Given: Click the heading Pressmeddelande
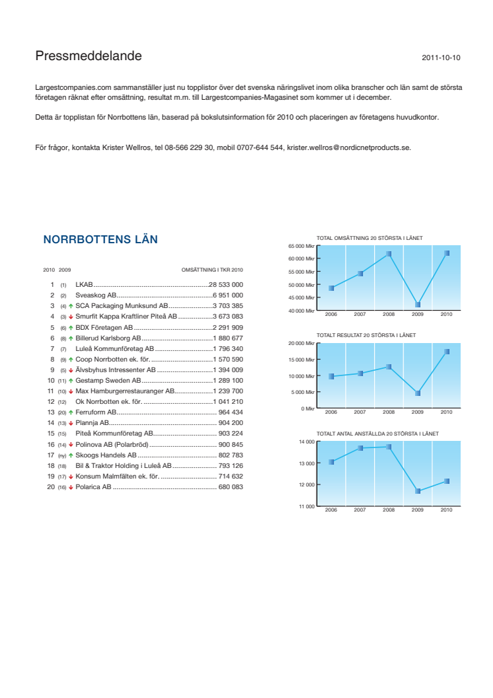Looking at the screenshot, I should (x=89, y=57).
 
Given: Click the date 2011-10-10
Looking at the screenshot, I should (x=441, y=58).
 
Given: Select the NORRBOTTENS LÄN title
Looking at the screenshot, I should (x=100, y=240).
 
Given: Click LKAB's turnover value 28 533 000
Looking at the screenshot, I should (x=226, y=284).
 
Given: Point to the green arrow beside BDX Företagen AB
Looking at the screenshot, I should (x=71, y=327).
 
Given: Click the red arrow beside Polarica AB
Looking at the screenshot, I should (x=71, y=487).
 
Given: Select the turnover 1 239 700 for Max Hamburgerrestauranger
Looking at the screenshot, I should (x=228, y=391).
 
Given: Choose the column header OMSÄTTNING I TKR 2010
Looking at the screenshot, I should (x=212, y=270).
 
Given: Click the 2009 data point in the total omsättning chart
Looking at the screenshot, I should (x=418, y=305).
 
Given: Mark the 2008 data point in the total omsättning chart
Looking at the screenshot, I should (x=389, y=254).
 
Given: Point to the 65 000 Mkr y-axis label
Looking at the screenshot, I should (x=301, y=246).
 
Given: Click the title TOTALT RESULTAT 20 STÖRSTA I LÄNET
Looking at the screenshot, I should (x=366, y=336).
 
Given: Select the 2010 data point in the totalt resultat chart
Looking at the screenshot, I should (x=447, y=352).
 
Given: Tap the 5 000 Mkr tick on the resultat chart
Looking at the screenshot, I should (x=302, y=393).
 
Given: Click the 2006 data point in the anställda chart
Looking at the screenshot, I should (x=331, y=462).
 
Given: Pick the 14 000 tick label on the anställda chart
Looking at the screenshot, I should (x=306, y=442).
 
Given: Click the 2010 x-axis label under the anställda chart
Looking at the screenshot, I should (x=446, y=510).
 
